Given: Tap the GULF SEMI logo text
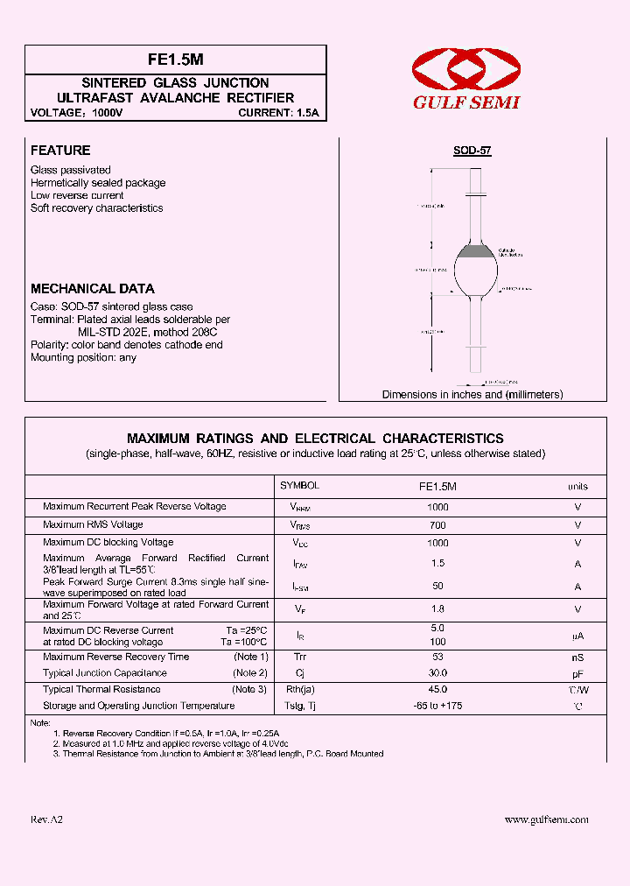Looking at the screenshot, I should pyautogui.click(x=466, y=102).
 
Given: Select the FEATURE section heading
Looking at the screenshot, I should pyautogui.click(x=60, y=151).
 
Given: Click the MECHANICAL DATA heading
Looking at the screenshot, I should pyautogui.click(x=93, y=288).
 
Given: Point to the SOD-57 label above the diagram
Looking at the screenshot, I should pyautogui.click(x=472, y=151).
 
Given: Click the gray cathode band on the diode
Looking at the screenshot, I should pyautogui.click(x=477, y=252).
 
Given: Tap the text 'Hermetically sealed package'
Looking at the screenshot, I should pyautogui.click(x=98, y=183).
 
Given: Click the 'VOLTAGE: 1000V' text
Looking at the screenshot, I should pyautogui.click(x=77, y=113).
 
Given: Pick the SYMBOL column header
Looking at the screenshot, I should pyautogui.click(x=299, y=485).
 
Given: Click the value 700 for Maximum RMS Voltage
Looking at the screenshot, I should pyautogui.click(x=437, y=525).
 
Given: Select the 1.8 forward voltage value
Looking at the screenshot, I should pyautogui.click(x=437, y=608).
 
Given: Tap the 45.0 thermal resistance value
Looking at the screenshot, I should pyautogui.click(x=437, y=689).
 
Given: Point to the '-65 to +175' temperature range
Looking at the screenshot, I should pyautogui.click(x=437, y=706).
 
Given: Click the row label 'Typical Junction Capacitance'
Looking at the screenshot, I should pyautogui.click(x=104, y=673).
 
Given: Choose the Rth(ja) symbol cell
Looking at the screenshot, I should pyautogui.click(x=299, y=689).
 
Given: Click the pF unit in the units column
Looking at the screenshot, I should pyautogui.click(x=577, y=673).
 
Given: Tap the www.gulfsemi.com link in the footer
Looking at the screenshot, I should pyautogui.click(x=547, y=819).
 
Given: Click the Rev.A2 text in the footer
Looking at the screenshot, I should pyautogui.click(x=46, y=819).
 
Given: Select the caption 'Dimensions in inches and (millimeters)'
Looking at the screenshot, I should pyautogui.click(x=472, y=395).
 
